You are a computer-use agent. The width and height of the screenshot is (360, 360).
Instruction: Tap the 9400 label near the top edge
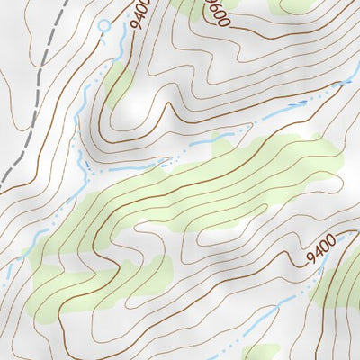coord(140,13)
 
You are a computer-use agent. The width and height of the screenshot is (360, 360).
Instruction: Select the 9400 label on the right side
coord(321,248)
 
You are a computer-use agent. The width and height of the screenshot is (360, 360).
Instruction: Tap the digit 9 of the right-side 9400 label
coord(309,257)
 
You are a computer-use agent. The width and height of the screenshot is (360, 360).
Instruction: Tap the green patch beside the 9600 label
coord(193,6)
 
